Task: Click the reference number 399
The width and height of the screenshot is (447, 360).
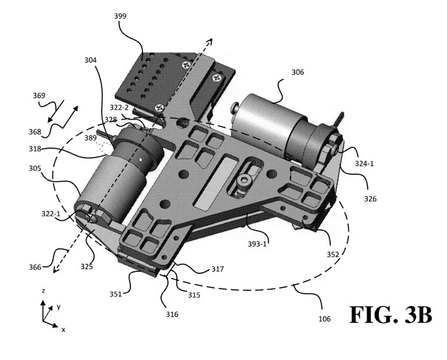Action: [120, 16]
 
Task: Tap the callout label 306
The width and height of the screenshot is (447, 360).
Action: [298, 72]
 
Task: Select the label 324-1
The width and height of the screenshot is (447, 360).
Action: [364, 163]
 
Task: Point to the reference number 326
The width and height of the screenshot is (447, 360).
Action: [370, 199]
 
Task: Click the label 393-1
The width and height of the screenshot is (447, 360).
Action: [257, 244]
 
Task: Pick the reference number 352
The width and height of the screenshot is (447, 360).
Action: [333, 254]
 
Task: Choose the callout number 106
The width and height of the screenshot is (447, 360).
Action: [324, 319]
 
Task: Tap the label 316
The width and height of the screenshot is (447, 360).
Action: [172, 314]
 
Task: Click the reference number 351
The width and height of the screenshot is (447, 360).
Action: [116, 294]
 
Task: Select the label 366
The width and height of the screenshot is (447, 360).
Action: [34, 267]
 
